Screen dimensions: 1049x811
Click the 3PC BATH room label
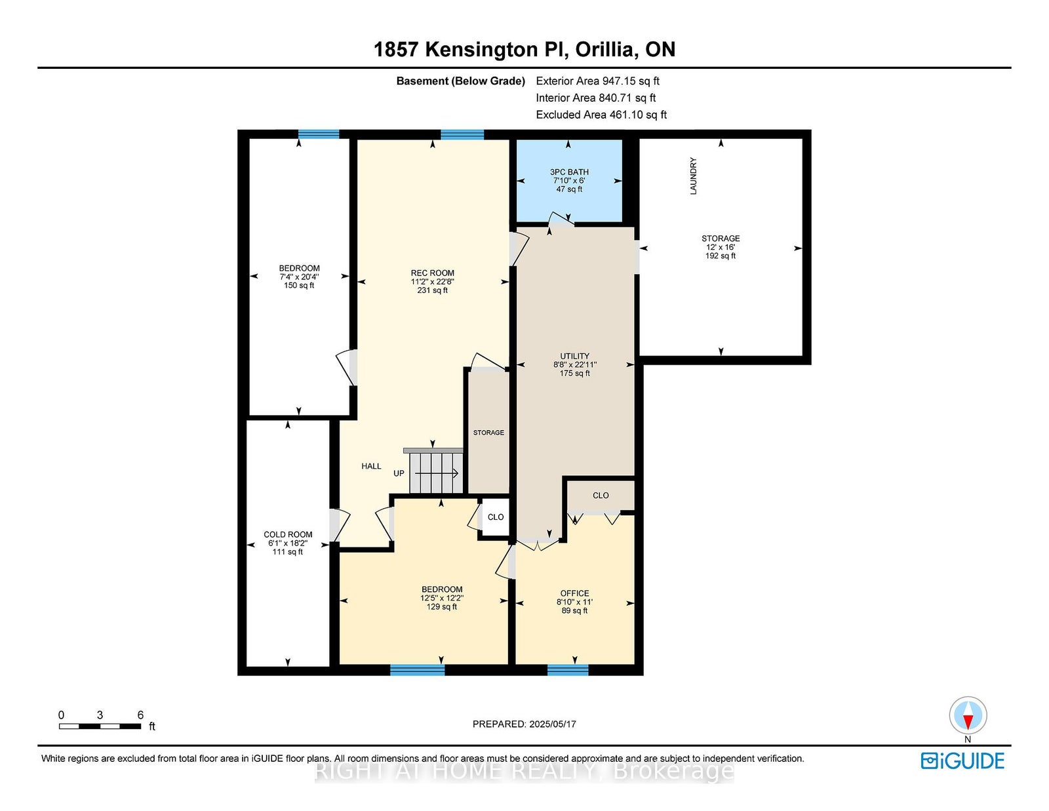pyautogui.click(x=569, y=172)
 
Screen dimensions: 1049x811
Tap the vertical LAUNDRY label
pyautogui.click(x=693, y=176)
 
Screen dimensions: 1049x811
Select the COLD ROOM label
pyautogui.click(x=288, y=534)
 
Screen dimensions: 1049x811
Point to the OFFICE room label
pyautogui.click(x=574, y=593)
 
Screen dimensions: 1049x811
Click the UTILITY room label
pyautogui.click(x=574, y=356)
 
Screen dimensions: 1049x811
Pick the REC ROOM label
pyautogui.click(x=433, y=273)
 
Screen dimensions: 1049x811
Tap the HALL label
pyautogui.click(x=371, y=466)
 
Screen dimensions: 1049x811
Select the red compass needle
pyautogui.click(x=968, y=722)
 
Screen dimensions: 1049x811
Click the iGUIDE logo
pyautogui.click(x=962, y=761)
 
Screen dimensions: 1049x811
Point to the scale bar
pyautogui.click(x=100, y=726)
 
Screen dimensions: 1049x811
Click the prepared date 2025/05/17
pyautogui.click(x=552, y=724)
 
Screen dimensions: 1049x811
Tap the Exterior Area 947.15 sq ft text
pyautogui.click(x=598, y=81)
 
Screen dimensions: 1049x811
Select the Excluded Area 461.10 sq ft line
pyautogui.click(x=601, y=115)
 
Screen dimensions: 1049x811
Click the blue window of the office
pyautogui.click(x=568, y=669)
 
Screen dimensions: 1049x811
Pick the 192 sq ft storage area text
pyautogui.click(x=721, y=256)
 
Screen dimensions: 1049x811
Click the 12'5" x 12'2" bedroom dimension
pyautogui.click(x=442, y=598)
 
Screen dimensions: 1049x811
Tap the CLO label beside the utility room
pyautogui.click(x=601, y=495)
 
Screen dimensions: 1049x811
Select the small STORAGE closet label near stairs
pyautogui.click(x=488, y=433)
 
